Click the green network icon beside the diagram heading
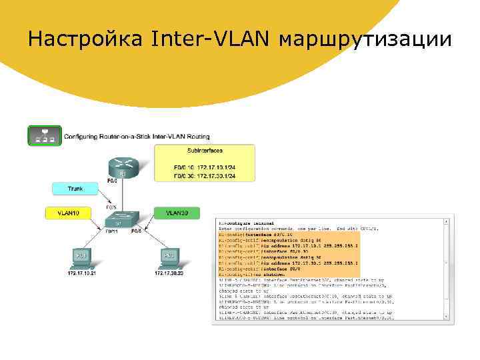[x=45, y=135]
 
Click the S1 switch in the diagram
[x=122, y=217]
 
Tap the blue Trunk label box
[x=75, y=189]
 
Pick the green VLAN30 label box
[x=176, y=213]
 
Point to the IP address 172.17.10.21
[x=81, y=273]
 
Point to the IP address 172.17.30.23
[x=169, y=273]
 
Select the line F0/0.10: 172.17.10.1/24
[x=204, y=167]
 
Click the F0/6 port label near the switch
[x=136, y=231]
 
